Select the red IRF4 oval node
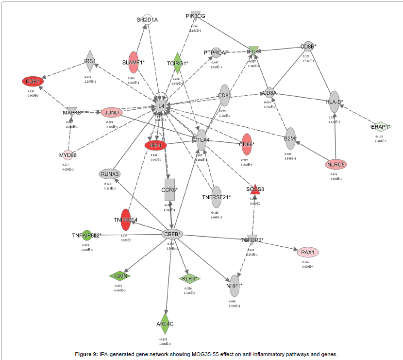(x=156, y=145)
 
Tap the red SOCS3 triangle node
(x=255, y=188)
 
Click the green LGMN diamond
(x=120, y=276)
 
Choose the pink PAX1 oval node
(x=309, y=252)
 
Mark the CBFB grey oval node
(x=172, y=234)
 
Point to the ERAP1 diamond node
(x=380, y=127)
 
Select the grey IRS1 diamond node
(x=89, y=61)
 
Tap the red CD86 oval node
(x=247, y=144)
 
